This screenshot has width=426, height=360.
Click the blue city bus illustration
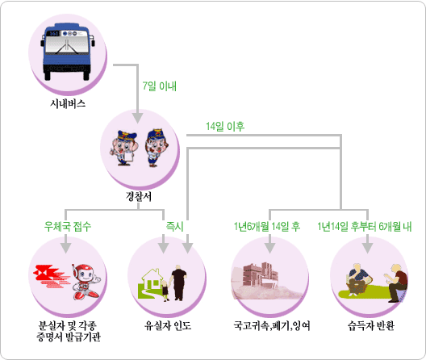(x=68, y=52)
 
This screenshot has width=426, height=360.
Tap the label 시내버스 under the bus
(x=68, y=103)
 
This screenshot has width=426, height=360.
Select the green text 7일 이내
(x=160, y=86)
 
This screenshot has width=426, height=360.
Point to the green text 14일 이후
(x=225, y=126)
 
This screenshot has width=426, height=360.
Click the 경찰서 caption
(x=138, y=196)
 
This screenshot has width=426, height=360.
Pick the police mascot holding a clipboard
(x=123, y=148)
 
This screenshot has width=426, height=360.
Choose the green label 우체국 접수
(x=68, y=227)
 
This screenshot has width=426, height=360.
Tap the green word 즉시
(x=175, y=227)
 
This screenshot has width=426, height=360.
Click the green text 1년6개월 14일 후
(x=267, y=227)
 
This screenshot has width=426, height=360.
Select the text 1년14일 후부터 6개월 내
(x=365, y=227)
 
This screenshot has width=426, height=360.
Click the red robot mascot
(x=86, y=282)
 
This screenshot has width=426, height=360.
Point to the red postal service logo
(x=50, y=276)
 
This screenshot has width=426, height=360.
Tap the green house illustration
(x=151, y=283)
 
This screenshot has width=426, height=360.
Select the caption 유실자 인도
(x=168, y=325)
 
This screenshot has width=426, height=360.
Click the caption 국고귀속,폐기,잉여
(x=272, y=325)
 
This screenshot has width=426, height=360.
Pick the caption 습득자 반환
(x=371, y=325)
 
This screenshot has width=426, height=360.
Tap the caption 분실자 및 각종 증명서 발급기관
(x=69, y=331)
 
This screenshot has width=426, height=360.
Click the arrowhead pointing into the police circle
(x=138, y=119)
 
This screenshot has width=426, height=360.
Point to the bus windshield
(x=67, y=44)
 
